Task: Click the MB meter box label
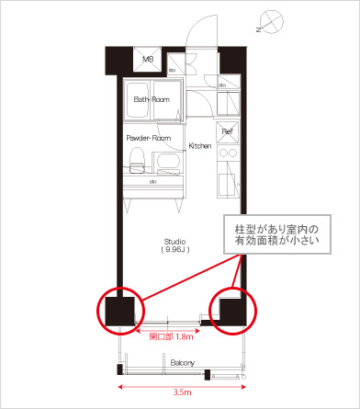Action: [x=146, y=61]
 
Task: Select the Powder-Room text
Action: [x=148, y=137]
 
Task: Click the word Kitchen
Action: [x=200, y=146]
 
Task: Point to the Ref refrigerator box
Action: [x=227, y=131]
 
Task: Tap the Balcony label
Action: [x=182, y=363]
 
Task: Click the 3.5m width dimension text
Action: [x=182, y=392]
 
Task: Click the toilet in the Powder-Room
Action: [x=137, y=159]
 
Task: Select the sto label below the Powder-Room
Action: [x=153, y=183]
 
